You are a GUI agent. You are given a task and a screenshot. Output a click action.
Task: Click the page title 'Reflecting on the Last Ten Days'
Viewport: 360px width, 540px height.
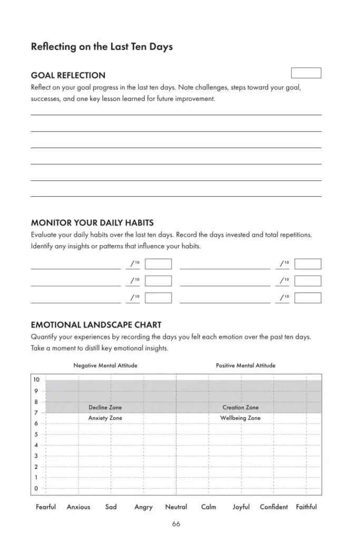coord(102,47)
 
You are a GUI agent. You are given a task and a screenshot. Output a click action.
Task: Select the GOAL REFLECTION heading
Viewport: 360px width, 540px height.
coord(68,75)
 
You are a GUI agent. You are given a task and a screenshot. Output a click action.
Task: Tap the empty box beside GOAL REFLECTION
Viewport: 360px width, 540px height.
coord(306,73)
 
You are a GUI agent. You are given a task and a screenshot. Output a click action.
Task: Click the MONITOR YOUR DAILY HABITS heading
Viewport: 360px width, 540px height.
coord(92,223)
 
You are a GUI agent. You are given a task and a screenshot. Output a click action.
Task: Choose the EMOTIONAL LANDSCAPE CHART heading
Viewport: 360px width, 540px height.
coord(96,325)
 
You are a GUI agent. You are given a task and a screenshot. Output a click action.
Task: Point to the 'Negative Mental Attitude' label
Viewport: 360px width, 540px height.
coord(105,365)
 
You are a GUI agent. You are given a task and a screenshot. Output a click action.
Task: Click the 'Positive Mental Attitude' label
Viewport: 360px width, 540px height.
coord(245,365)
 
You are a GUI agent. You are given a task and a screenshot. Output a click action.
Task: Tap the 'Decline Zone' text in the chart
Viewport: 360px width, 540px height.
coord(105,408)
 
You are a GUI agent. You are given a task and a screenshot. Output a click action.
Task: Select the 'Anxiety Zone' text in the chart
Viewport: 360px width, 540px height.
coord(105,418)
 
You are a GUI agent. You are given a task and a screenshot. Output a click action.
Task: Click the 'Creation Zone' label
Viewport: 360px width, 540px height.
coord(240,408)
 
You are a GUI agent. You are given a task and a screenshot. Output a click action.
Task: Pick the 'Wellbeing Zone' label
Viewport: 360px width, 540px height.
coord(240,418)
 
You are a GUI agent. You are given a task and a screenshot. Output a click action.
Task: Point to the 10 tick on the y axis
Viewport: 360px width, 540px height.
coord(36,380)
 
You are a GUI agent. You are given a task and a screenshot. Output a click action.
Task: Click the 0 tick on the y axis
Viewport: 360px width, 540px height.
coord(36,488)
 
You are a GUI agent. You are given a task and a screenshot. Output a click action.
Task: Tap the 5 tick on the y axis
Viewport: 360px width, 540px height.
coord(36,435)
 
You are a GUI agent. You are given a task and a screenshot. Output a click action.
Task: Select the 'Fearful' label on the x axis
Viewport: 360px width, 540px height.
coord(46,507)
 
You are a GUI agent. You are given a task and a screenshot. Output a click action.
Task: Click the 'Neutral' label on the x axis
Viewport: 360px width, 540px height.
coord(176,507)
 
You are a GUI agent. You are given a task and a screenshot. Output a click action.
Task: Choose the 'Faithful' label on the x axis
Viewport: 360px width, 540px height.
coord(306,507)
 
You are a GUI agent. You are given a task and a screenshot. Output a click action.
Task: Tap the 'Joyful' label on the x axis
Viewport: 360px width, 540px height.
coord(241,507)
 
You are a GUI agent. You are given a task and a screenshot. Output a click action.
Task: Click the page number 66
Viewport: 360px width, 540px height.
coord(176,524)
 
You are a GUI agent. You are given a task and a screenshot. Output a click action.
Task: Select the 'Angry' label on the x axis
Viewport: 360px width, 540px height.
coord(143,507)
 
